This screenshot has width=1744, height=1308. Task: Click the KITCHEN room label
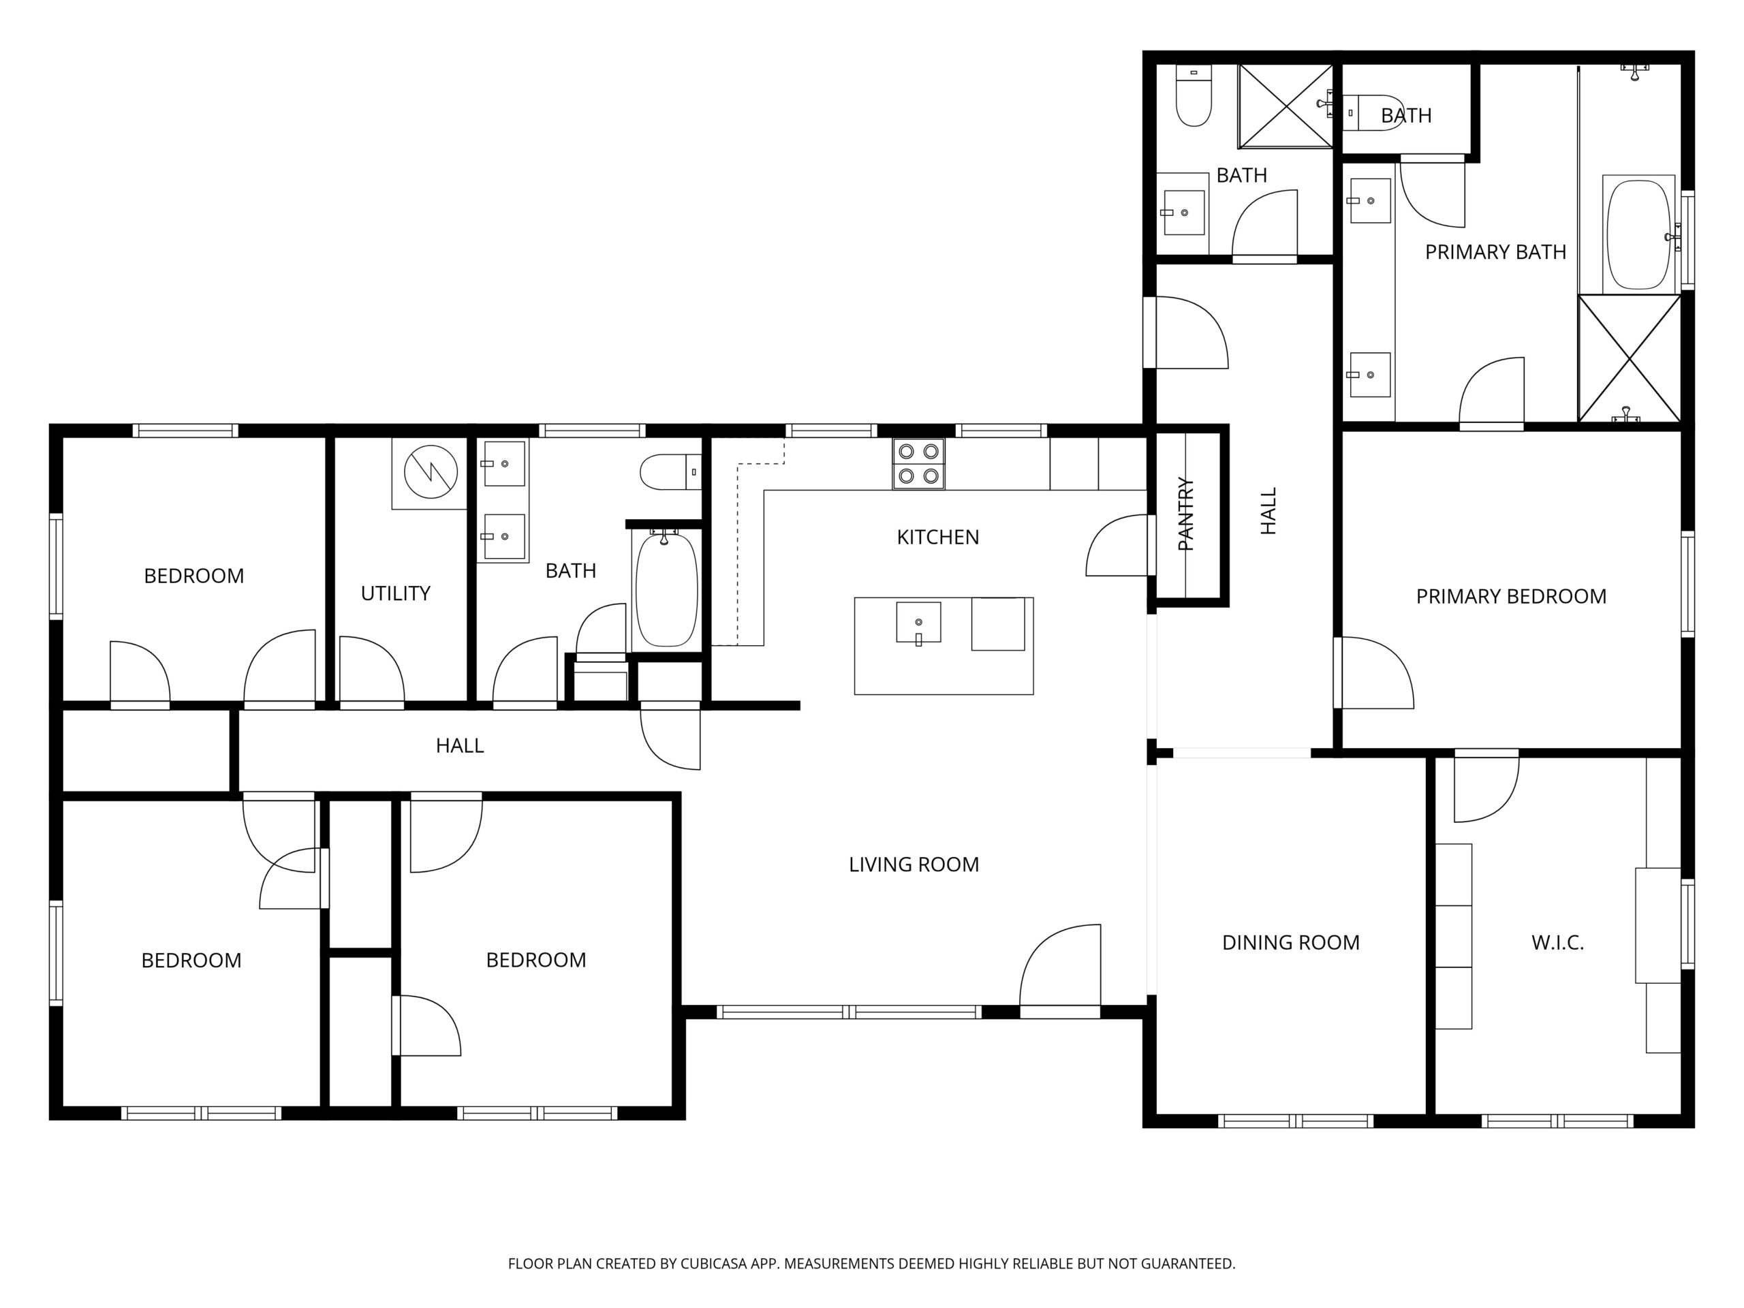pyautogui.click(x=937, y=537)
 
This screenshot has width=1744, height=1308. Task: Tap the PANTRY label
pyautogui.click(x=1186, y=514)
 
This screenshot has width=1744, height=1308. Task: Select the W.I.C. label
pyautogui.click(x=1557, y=942)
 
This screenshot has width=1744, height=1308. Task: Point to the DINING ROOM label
pyautogui.click(x=1291, y=942)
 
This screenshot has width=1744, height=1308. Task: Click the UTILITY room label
pyautogui.click(x=395, y=593)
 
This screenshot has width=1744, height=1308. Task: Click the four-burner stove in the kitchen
pyautogui.click(x=918, y=464)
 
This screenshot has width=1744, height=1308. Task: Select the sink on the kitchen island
pyautogui.click(x=918, y=623)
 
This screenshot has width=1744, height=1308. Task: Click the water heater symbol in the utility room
pyautogui.click(x=431, y=471)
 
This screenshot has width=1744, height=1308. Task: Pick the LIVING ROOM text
pyautogui.click(x=914, y=864)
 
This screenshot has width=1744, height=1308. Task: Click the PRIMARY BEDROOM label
pyautogui.click(x=1510, y=596)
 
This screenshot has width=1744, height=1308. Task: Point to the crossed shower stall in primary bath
pyautogui.click(x=1629, y=358)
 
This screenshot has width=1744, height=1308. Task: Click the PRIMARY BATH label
pyautogui.click(x=1495, y=251)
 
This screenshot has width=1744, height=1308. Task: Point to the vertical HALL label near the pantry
pyautogui.click(x=1268, y=511)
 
